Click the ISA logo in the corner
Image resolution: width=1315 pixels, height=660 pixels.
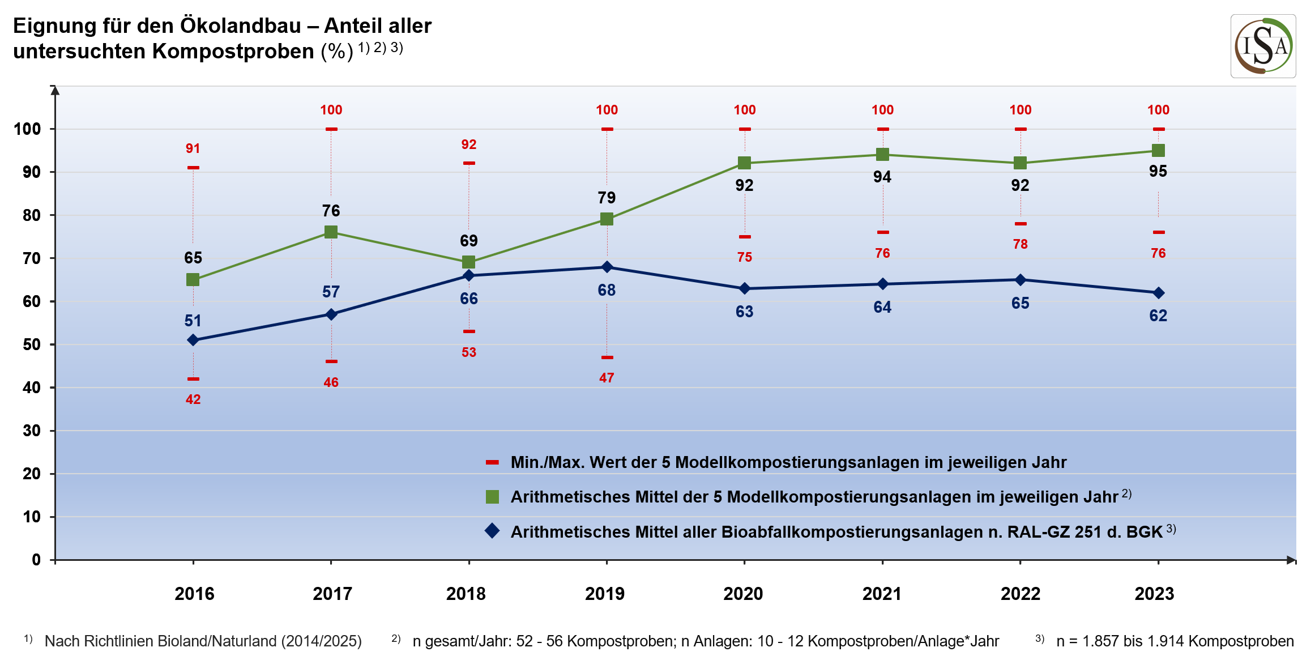point(1262,46)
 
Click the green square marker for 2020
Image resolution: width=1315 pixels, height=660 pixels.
point(744,163)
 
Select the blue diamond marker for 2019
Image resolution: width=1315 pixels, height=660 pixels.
point(607,267)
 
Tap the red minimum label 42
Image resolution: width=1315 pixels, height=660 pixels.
point(193,399)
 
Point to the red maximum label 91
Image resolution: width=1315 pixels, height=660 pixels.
point(193,148)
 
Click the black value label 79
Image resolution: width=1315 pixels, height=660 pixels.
point(607,198)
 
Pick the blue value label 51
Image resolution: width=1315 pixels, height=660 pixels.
point(193,321)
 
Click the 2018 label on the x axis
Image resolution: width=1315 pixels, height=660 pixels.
point(466,594)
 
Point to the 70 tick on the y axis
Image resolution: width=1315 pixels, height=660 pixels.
point(32,258)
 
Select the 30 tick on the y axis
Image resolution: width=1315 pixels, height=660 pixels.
point(32,431)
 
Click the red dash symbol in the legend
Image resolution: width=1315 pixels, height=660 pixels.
point(492,462)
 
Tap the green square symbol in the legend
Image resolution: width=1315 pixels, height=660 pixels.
point(492,497)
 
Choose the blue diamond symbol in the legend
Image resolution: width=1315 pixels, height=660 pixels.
point(492,531)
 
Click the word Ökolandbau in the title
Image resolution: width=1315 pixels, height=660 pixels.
point(240,26)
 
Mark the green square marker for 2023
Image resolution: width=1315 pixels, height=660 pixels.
point(1158,150)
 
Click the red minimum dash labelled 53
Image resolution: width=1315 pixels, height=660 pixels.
point(469,331)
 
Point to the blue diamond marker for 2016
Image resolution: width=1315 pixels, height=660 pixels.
point(193,340)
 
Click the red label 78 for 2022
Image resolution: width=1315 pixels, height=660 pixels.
point(1020,244)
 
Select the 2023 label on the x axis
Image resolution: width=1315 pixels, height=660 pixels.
point(1154,594)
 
